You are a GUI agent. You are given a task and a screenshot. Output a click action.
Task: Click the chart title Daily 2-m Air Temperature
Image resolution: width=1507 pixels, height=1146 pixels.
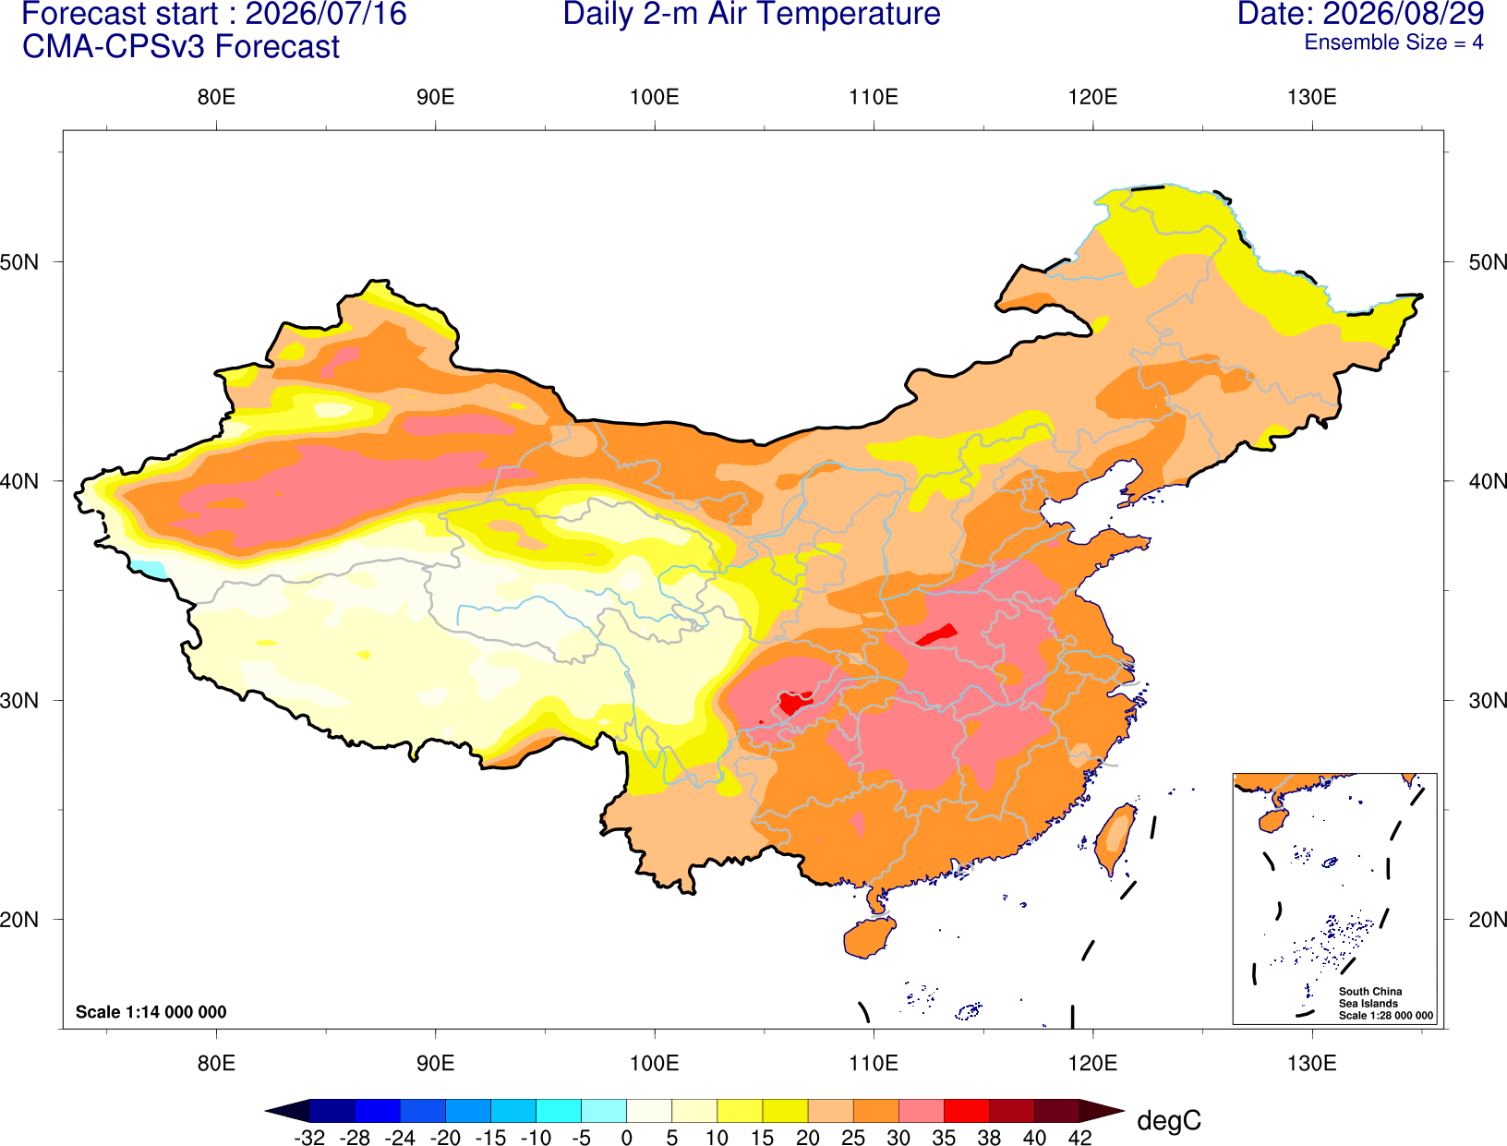pyautogui.click(x=751, y=14)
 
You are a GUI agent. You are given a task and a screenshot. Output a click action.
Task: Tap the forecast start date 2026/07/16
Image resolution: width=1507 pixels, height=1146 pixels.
pyautogui.click(x=325, y=14)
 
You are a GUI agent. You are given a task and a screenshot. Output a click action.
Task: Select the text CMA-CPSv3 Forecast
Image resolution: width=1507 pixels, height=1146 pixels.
pyautogui.click(x=181, y=47)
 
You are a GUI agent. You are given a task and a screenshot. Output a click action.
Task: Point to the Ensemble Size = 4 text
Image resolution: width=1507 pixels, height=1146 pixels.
pyautogui.click(x=1393, y=42)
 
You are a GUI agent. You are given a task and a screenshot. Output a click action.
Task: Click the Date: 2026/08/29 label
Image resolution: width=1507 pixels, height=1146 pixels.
pyautogui.click(x=1361, y=14)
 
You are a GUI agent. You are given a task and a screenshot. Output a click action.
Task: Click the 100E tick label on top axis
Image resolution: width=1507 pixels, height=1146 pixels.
pyautogui.click(x=655, y=97)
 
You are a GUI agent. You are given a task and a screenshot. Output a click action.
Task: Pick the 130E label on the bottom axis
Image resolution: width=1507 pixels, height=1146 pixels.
pyautogui.click(x=1312, y=1064)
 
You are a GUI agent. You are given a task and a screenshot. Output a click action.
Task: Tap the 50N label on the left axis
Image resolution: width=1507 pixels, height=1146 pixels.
pyautogui.click(x=19, y=261)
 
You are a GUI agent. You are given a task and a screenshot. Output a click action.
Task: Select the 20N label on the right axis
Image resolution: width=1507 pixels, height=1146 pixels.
pyautogui.click(x=1487, y=920)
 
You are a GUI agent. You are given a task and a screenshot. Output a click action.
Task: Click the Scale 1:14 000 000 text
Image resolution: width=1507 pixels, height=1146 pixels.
pyautogui.click(x=151, y=1011)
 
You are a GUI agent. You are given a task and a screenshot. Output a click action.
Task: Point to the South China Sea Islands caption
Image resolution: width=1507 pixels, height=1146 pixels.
pyautogui.click(x=1385, y=1003)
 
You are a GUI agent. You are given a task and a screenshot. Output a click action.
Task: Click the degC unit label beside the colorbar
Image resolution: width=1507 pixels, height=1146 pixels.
pyautogui.click(x=1169, y=1120)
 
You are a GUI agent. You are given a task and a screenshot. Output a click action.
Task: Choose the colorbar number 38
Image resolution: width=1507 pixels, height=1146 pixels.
pyautogui.click(x=989, y=1138)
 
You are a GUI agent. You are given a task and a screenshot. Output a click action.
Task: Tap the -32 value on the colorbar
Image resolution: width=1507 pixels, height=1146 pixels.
pyautogui.click(x=309, y=1138)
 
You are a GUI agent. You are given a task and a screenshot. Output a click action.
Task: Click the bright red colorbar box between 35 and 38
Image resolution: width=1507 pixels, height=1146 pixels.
pyautogui.click(x=966, y=1110)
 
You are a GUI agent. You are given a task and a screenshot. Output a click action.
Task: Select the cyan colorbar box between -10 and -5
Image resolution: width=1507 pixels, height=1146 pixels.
pyautogui.click(x=559, y=1110)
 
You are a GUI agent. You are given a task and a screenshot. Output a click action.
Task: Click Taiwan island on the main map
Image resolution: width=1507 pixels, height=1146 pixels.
pyautogui.click(x=1114, y=839)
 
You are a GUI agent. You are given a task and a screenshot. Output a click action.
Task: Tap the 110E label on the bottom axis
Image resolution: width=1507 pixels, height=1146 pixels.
pyautogui.click(x=874, y=1064)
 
